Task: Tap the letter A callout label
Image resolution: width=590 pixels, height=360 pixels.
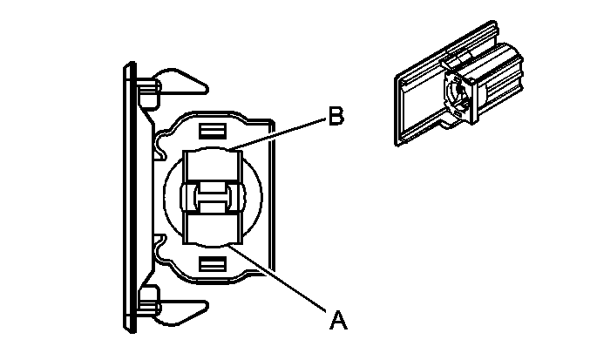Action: pos(338,320)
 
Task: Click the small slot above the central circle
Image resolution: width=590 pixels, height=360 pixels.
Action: pos(210,131)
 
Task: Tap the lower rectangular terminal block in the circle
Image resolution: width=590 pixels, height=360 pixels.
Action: pos(211,228)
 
